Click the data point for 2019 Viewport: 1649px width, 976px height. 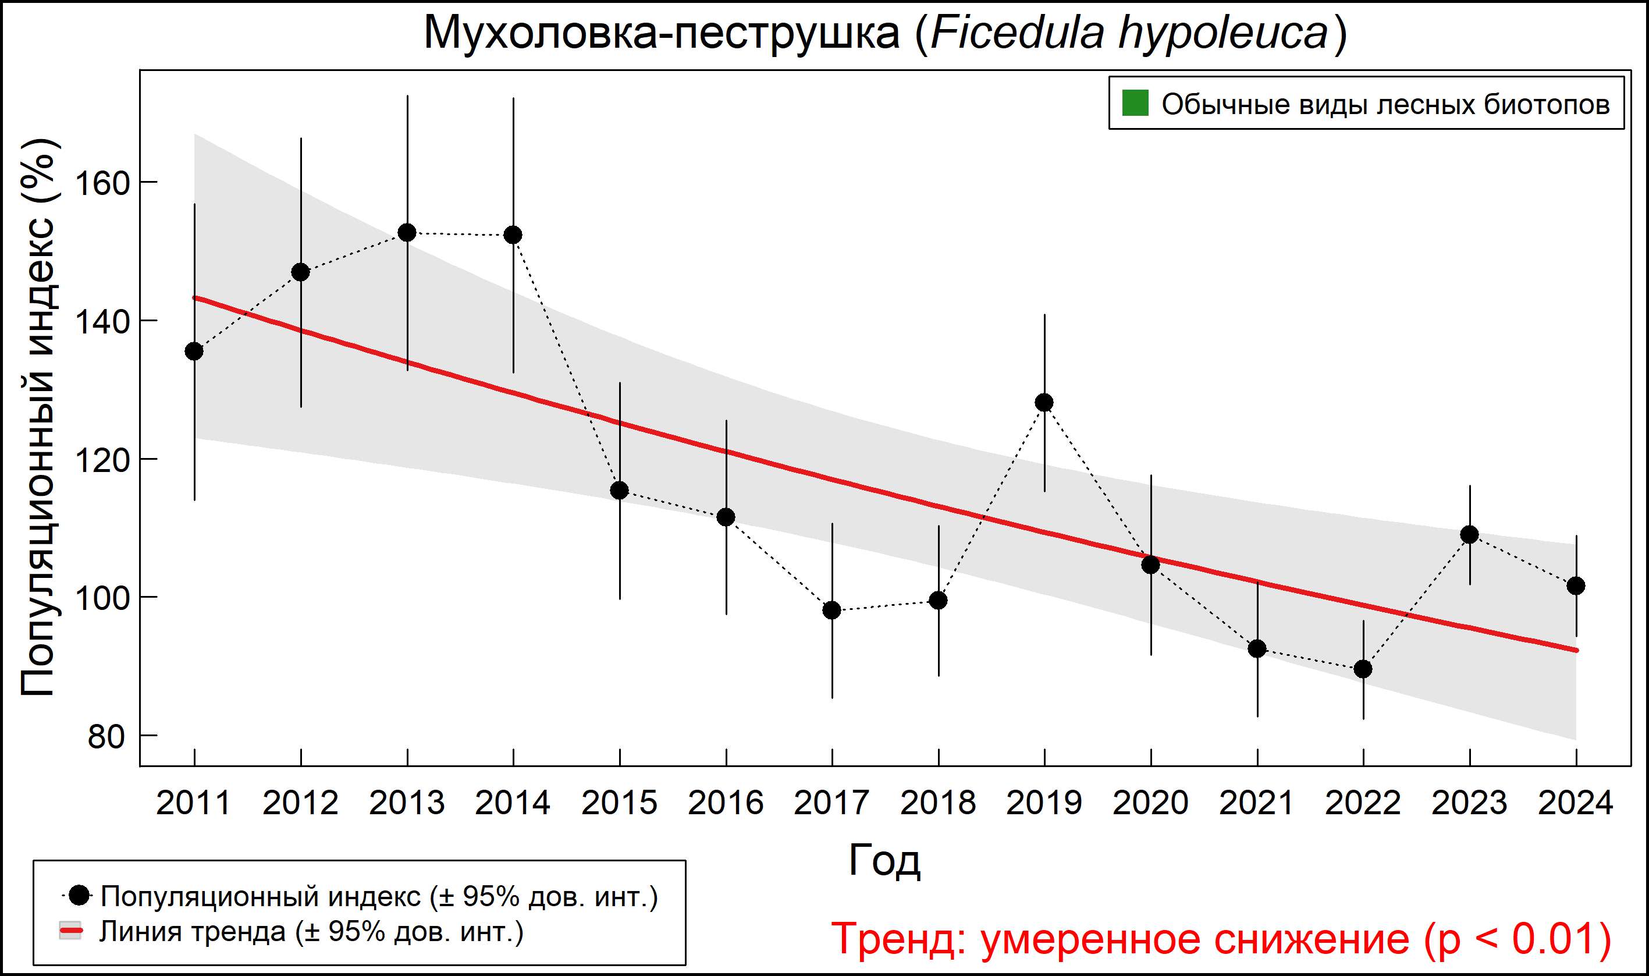(1044, 403)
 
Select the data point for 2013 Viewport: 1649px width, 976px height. (407, 233)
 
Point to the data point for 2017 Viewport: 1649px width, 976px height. (831, 611)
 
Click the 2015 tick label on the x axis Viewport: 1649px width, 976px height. (619, 803)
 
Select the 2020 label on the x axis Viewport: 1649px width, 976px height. (1150, 803)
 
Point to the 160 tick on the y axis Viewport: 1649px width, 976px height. (102, 183)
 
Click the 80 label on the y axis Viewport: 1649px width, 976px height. (106, 737)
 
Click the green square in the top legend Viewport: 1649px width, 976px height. (1135, 103)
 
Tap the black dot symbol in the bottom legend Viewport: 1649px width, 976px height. (80, 895)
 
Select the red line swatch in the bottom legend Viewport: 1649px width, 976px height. (71, 931)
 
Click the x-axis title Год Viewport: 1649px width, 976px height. (884, 860)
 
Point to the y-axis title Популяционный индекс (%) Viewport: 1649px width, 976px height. (38, 418)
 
